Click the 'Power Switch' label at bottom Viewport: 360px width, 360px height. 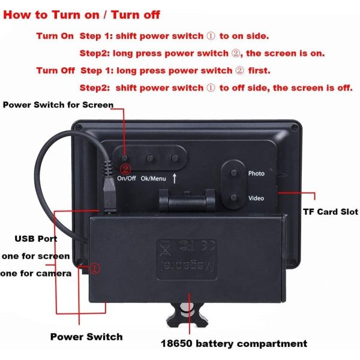86,337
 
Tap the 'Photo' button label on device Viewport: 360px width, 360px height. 256,173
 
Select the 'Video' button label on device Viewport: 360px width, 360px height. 256,197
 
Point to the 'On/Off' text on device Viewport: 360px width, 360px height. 126,178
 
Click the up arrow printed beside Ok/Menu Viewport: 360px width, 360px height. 175,178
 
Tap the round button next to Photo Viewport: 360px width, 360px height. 232,173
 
